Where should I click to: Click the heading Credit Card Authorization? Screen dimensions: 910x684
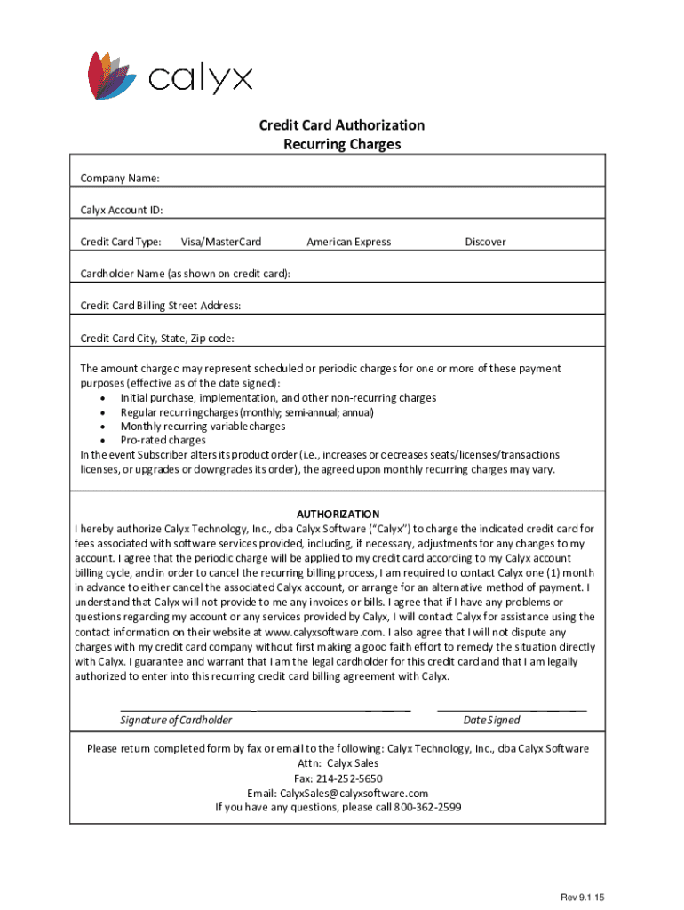342,125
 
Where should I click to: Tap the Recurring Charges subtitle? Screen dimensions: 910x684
342,144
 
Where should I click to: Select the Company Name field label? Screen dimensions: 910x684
120,179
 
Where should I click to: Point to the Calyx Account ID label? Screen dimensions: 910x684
122,211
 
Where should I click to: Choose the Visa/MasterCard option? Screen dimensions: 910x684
221,242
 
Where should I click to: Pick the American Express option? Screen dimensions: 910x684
348,242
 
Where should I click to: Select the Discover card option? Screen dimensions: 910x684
485,242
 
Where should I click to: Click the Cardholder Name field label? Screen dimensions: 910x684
185,274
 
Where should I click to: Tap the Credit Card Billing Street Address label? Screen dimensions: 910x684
160,306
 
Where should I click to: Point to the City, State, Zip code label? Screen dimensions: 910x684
157,339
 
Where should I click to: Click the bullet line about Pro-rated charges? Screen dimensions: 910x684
163,440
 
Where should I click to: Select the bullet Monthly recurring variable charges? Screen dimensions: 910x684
203,427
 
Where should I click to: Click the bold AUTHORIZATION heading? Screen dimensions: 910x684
338,515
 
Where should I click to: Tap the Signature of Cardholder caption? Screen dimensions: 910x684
176,720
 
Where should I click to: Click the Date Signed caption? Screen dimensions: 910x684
491,720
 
